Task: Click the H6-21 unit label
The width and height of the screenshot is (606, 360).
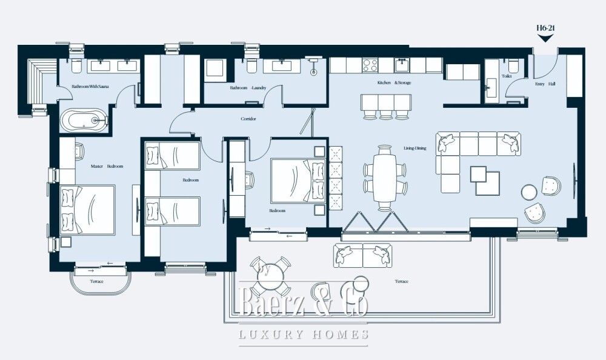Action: click(546, 28)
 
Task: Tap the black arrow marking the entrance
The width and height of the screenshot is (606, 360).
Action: click(546, 38)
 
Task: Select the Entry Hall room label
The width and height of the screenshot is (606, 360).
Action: click(545, 84)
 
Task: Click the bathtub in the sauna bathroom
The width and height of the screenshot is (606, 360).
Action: click(84, 120)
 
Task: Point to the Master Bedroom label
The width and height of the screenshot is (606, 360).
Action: click(107, 166)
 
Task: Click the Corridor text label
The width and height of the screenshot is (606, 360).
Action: click(248, 119)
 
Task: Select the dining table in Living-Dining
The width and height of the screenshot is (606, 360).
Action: click(385, 178)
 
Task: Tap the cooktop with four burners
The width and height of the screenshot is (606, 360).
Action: click(370, 65)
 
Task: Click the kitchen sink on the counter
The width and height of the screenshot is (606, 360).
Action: click(402, 65)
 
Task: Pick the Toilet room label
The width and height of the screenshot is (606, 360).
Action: click(506, 76)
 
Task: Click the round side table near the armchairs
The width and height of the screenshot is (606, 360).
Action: click(528, 192)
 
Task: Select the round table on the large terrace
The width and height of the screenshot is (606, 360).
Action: click(270, 277)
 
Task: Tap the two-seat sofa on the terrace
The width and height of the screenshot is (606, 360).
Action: click(362, 255)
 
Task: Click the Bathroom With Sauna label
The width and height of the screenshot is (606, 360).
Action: click(90, 87)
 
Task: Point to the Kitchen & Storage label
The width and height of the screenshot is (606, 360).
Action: click(395, 83)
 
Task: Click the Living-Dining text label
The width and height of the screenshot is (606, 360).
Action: click(415, 148)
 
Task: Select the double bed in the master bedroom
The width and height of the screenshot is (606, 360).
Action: click(87, 210)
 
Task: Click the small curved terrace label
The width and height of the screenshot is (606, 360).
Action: click(96, 281)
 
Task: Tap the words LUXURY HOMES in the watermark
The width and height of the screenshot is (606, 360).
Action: click(304, 334)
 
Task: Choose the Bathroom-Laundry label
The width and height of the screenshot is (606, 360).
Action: click(248, 88)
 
